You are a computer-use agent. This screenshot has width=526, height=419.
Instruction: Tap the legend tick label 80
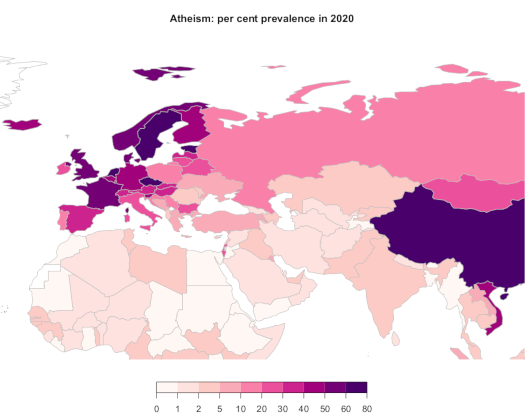click(367, 409)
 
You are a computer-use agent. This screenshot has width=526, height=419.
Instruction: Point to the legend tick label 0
click(156, 409)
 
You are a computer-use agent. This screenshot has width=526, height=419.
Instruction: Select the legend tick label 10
click(240, 409)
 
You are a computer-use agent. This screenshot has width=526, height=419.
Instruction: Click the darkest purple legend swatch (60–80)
click(356, 387)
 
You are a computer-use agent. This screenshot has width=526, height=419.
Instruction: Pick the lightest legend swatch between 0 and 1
click(167, 387)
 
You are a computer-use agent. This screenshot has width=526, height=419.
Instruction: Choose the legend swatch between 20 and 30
click(272, 387)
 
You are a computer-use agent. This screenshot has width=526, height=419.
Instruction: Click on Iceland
click(22, 124)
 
